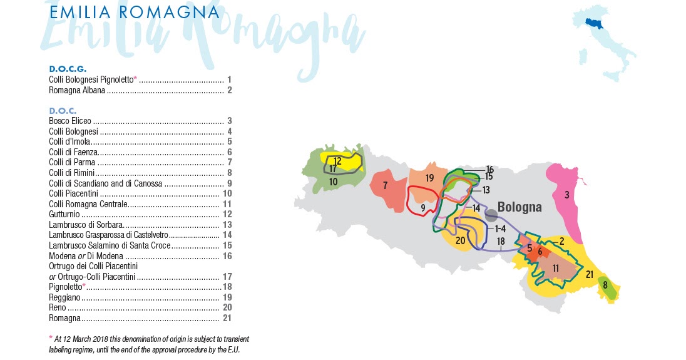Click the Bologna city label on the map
(x=520, y=207)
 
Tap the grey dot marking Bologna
(x=491, y=215)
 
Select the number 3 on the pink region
(x=566, y=195)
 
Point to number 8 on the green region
(x=605, y=285)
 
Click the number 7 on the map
(x=386, y=185)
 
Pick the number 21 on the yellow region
(x=589, y=274)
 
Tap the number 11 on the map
(x=556, y=267)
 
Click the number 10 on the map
(x=334, y=182)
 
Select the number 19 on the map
(x=429, y=178)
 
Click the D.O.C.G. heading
(x=68, y=68)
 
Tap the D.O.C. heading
(x=63, y=110)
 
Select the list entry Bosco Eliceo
(x=70, y=121)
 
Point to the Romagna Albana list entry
(x=77, y=90)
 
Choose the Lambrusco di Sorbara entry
(x=85, y=224)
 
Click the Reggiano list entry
(x=64, y=297)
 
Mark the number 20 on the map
(x=460, y=240)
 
